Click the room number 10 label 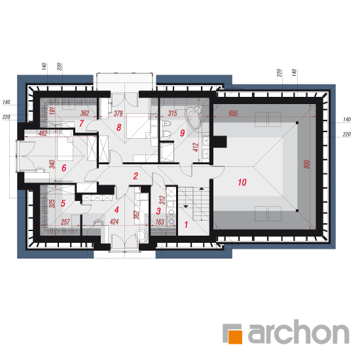coord(242,183)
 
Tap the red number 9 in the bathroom coord(183,133)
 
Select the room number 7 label coord(81,124)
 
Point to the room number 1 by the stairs coord(186,225)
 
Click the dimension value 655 coord(233,113)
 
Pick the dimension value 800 coord(307,164)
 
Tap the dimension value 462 coord(43,133)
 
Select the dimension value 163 coord(160,222)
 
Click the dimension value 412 coord(196,147)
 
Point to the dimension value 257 coord(65,222)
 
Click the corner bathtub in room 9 coord(193,115)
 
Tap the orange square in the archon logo coord(236,337)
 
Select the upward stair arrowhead coord(202,189)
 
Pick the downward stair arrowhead coord(185,207)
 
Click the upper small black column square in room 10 coord(297,123)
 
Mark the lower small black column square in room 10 coord(297,211)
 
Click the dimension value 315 coord(172,113)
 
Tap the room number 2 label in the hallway coord(135,176)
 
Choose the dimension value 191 coord(52,111)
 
